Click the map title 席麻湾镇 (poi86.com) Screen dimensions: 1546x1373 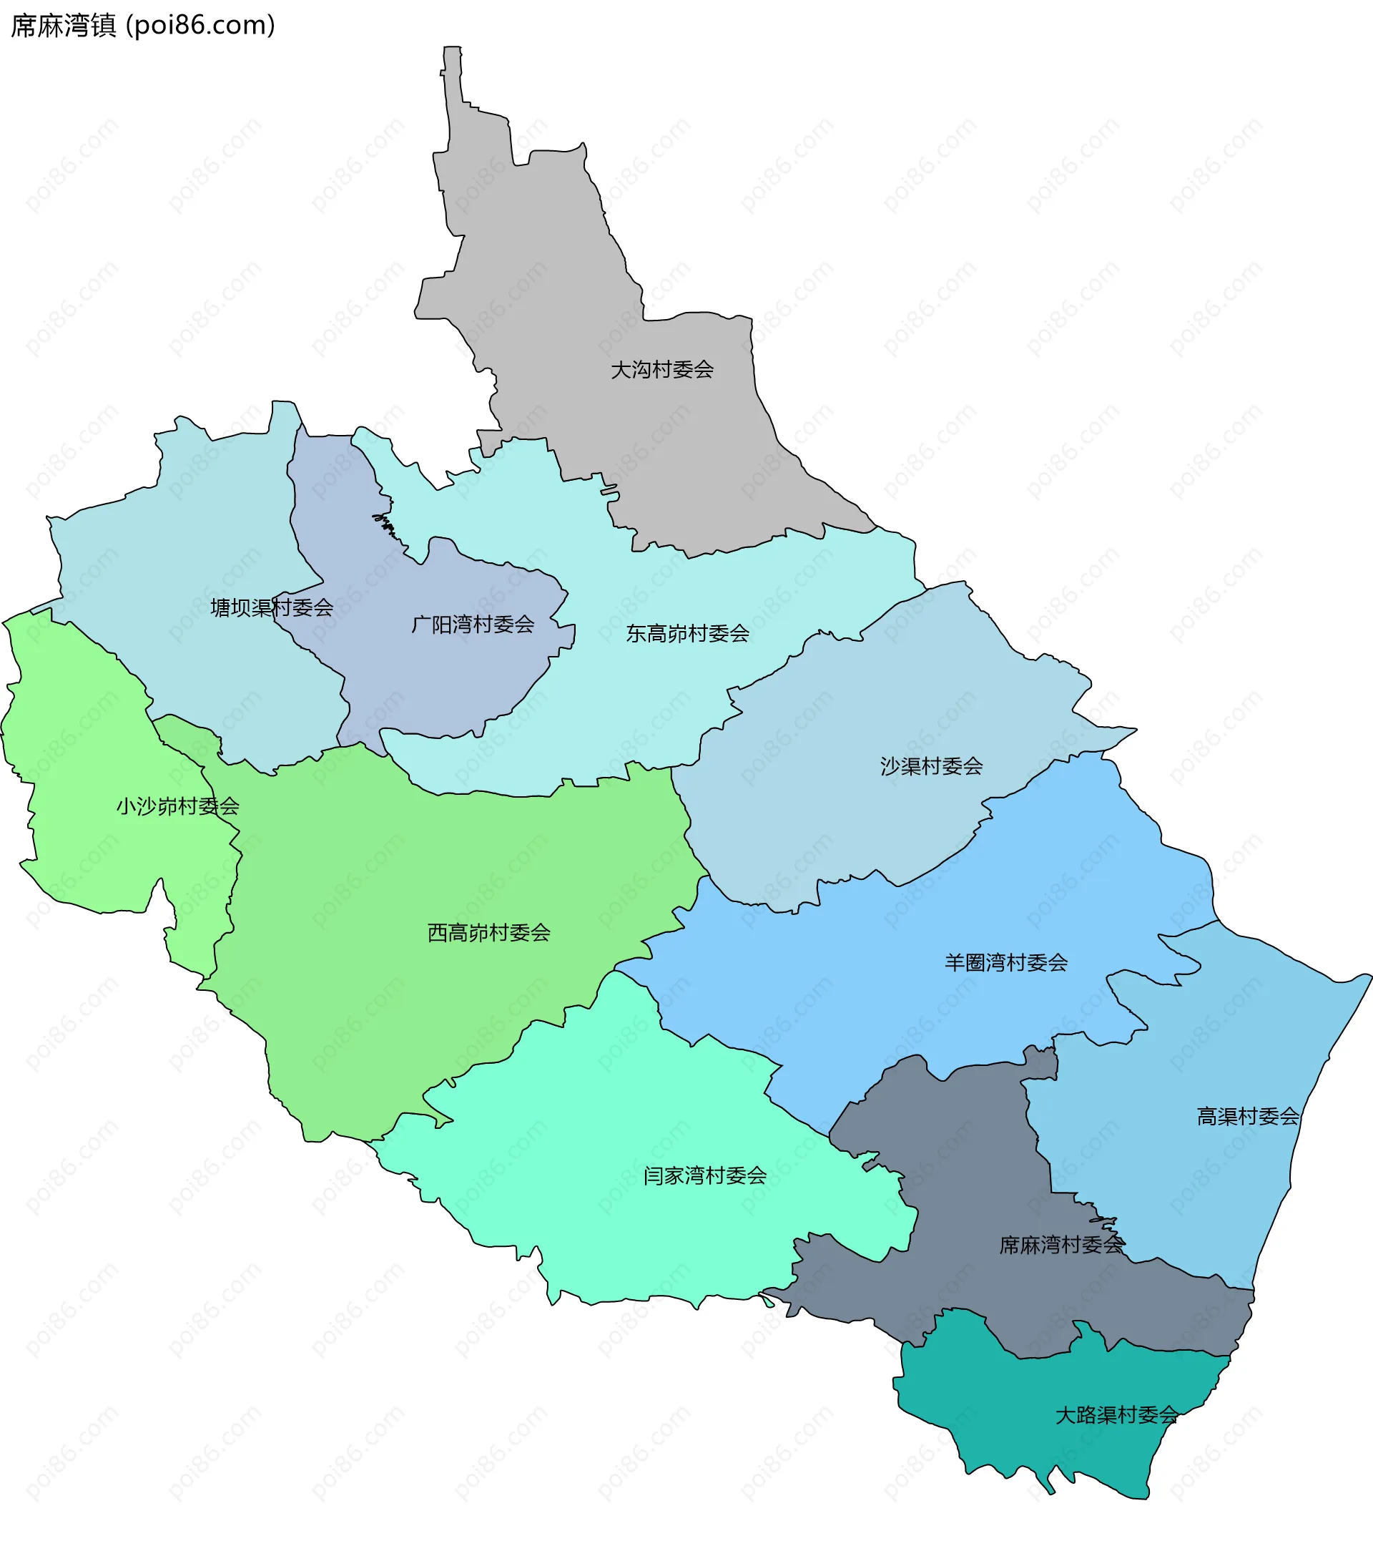[x=143, y=26]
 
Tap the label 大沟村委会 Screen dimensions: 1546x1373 [x=661, y=370]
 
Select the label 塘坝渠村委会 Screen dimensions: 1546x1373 [x=272, y=607]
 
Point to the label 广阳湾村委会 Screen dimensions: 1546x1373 [x=473, y=624]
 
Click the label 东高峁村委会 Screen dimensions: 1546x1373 [x=687, y=633]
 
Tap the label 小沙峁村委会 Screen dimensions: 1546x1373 [x=177, y=806]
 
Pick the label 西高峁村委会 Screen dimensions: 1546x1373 [x=488, y=933]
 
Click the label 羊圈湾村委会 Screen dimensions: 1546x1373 [x=1005, y=963]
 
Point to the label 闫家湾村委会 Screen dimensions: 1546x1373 [x=704, y=1175]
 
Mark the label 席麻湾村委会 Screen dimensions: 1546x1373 [x=1061, y=1245]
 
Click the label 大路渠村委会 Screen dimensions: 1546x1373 [x=1116, y=1415]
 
